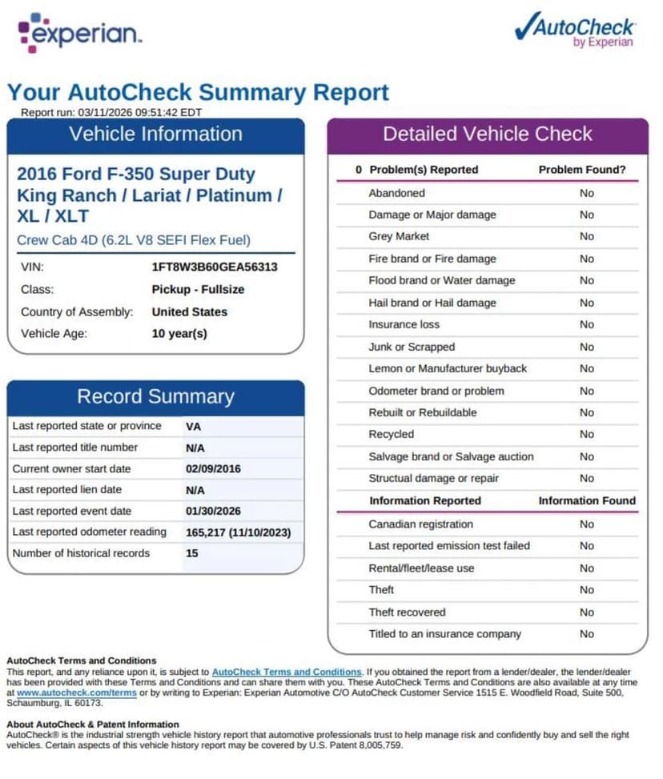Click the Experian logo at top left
(79, 33)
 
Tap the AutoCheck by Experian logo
(574, 30)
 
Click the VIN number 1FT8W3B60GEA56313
(215, 267)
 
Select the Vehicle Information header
(155, 134)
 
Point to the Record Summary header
(155, 396)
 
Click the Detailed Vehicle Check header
(487, 134)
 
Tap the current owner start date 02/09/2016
(213, 468)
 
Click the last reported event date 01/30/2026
(213, 511)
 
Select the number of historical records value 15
(192, 553)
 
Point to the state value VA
(193, 426)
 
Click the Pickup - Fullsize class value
(198, 289)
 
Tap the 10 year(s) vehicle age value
(179, 333)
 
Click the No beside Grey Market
(587, 236)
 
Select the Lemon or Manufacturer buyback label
(447, 368)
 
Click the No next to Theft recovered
(587, 612)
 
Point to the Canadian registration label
(420, 524)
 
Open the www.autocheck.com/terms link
(76, 693)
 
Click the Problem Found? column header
(582, 170)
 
